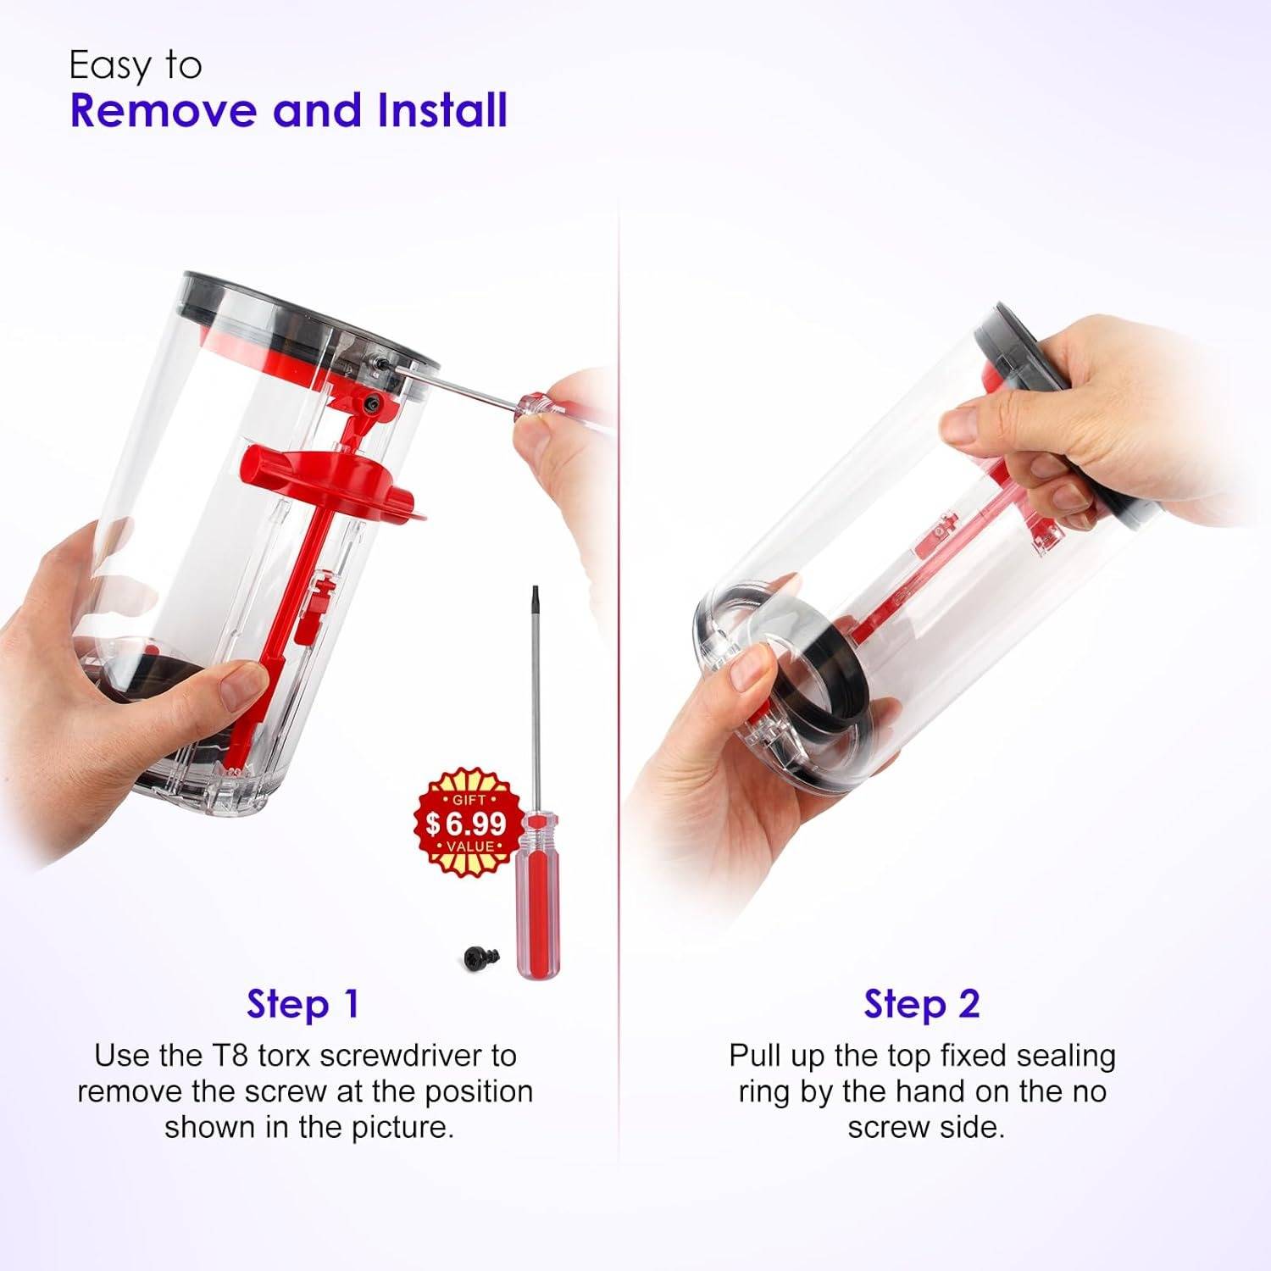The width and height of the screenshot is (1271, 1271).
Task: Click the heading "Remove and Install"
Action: tap(289, 111)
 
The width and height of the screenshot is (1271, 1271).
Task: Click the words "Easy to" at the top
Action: tap(136, 65)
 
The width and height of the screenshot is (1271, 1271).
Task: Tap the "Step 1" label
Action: tap(303, 1004)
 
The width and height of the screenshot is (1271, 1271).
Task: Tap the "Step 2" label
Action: tap(922, 1004)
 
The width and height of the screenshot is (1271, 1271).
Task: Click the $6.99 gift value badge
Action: tap(466, 822)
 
